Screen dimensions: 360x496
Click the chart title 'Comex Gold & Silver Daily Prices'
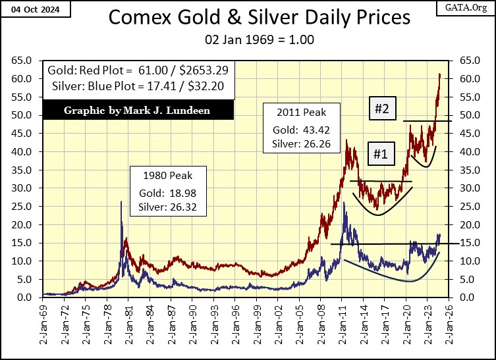[x=248, y=18]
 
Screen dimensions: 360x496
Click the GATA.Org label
[x=469, y=9]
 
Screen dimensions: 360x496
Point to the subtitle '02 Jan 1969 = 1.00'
[x=248, y=39]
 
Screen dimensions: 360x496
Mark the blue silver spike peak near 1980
[x=121, y=202]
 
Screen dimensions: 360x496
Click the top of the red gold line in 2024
[x=439, y=74]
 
